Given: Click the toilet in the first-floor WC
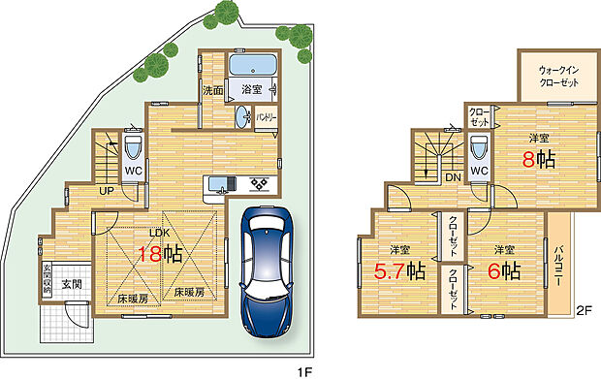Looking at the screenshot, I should tap(134, 149).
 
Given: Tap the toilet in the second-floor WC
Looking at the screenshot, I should tap(478, 150).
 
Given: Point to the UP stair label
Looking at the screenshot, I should tap(106, 190).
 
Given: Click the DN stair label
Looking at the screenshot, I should tap(452, 177).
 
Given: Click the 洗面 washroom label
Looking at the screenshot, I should tap(213, 91).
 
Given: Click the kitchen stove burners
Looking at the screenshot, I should tap(259, 184).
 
